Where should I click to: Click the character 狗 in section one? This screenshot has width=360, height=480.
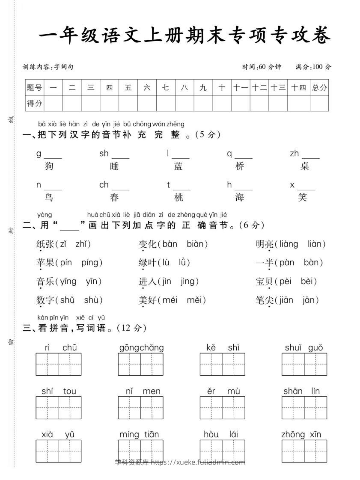tap(49, 166)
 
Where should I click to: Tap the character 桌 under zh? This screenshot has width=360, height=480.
tap(305, 166)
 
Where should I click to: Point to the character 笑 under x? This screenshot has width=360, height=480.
tap(303, 197)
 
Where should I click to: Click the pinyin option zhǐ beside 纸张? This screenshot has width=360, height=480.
tap(83, 244)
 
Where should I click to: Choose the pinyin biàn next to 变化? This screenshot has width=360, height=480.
tap(197, 244)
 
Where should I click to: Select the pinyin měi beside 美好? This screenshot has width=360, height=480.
tap(196, 300)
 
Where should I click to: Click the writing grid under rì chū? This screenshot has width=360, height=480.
tap(58, 364)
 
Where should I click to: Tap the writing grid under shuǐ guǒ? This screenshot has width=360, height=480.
tap(304, 364)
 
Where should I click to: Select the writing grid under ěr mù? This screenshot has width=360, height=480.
tap(222, 407)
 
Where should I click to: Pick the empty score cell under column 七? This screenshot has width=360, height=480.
tap(166, 103)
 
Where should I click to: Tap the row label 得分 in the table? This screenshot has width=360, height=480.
tap(35, 103)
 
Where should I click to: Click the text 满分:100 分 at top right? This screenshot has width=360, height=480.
tap(313, 67)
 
